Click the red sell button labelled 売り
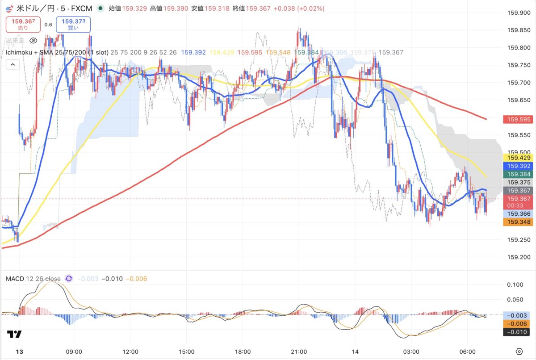coord(23,24)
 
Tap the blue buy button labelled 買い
coord(73,24)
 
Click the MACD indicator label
coord(33,279)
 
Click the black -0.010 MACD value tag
coord(516,331)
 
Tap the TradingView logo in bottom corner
coord(14,334)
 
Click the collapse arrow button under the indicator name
coord(13,65)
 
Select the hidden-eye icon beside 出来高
coord(33,41)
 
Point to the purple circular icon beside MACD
coord(69,279)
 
